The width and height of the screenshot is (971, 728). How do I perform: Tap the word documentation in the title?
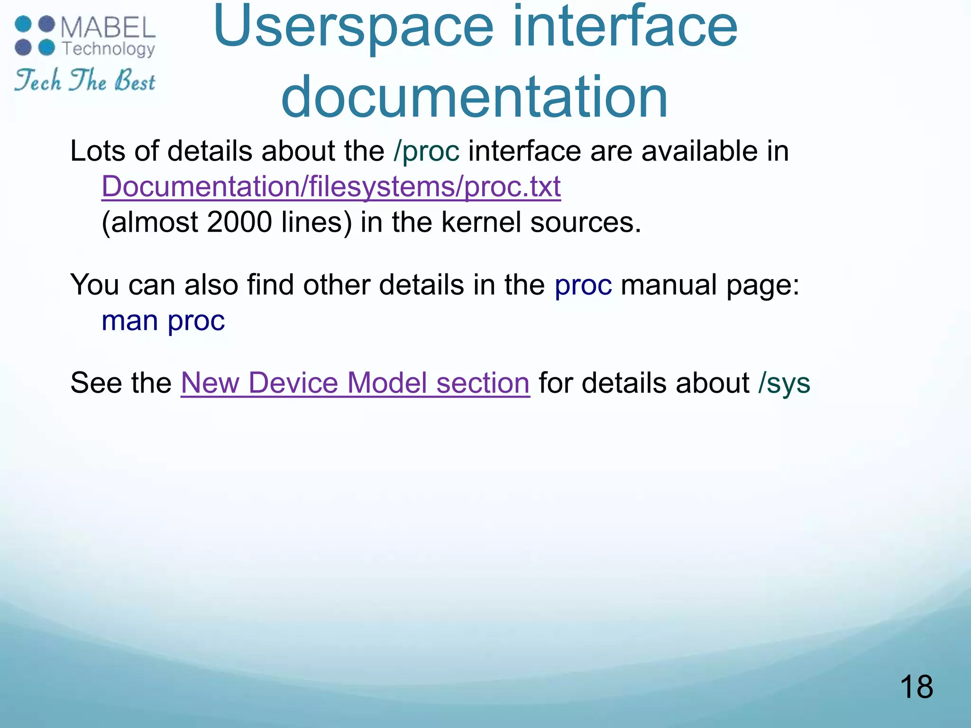click(474, 97)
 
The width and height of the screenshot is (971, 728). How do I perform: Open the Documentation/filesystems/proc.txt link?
click(331, 186)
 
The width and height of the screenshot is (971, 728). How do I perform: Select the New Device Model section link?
click(355, 383)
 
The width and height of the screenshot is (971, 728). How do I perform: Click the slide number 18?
click(916, 687)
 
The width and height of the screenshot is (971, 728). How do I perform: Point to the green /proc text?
click(426, 151)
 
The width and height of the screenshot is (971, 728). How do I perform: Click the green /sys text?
click(784, 383)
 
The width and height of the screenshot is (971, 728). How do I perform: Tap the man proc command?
click(163, 321)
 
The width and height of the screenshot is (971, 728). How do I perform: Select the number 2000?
click(239, 222)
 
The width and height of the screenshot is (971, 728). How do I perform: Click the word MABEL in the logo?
click(108, 27)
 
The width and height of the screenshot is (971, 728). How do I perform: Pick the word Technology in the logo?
click(109, 49)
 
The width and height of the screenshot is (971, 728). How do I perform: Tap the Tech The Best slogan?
click(85, 81)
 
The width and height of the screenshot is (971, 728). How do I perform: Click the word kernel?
click(481, 222)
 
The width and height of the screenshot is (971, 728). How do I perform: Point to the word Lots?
click(98, 151)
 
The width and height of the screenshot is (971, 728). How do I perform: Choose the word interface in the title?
click(625, 27)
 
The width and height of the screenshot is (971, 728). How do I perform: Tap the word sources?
click(586, 222)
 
